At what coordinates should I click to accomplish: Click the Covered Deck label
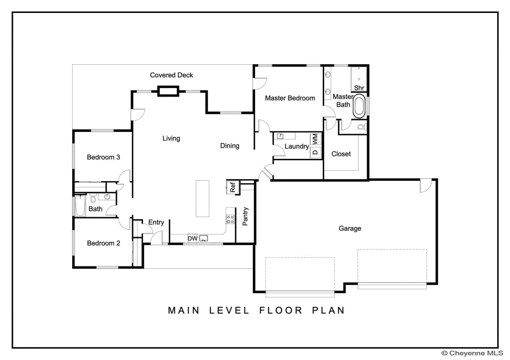pos(171,75)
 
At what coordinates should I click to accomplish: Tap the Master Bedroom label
pos(290,98)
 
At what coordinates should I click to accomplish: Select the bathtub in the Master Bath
pos(360,106)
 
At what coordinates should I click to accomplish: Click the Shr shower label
pos(359,88)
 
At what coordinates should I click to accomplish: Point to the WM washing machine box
pos(315,139)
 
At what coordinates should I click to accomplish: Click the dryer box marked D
pos(315,152)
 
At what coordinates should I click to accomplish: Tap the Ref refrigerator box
pos(233,187)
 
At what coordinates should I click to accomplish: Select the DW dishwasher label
pos(193,239)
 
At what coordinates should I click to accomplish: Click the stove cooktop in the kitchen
pos(230,219)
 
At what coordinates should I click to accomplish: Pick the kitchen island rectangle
pos(202,198)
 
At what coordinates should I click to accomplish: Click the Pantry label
pos(245,216)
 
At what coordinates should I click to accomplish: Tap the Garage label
pos(350,228)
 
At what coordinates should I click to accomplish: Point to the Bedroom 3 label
pos(104,157)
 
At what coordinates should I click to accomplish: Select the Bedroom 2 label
pos(104,243)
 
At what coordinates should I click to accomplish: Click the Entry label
pos(156,223)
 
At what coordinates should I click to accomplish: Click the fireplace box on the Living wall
pos(168,91)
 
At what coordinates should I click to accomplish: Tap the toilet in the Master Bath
pos(362,127)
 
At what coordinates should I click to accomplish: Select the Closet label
pos(341,154)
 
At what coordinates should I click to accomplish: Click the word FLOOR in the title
pos(281,310)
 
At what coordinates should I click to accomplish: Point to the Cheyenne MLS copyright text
pos(472,353)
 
